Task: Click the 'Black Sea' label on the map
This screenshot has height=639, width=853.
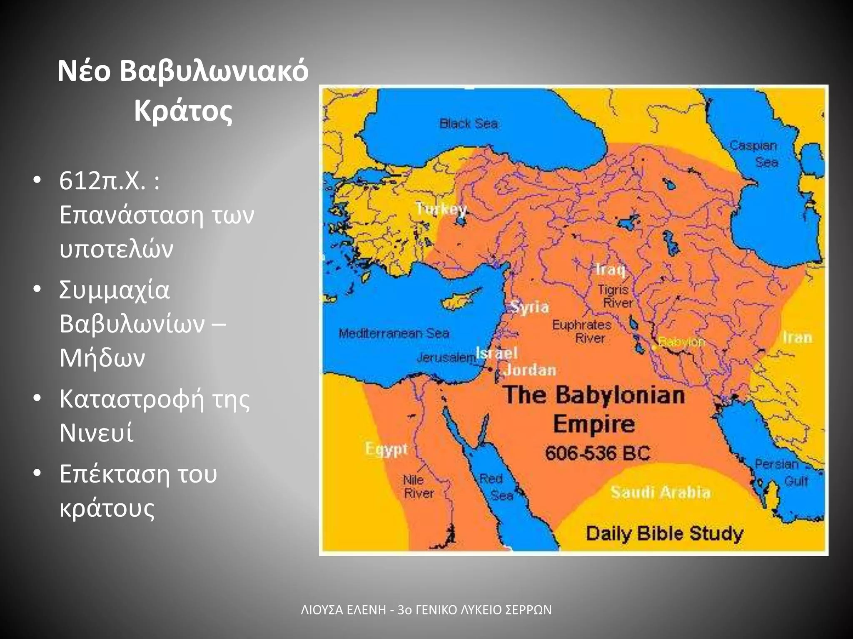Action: (x=469, y=124)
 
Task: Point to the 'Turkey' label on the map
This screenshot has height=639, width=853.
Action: (x=441, y=208)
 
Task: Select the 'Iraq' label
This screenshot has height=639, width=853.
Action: (x=610, y=270)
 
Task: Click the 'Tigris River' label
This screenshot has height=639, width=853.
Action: (x=615, y=296)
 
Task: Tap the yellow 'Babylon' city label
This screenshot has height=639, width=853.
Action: (x=681, y=342)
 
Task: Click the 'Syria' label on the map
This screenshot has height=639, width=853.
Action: (x=529, y=307)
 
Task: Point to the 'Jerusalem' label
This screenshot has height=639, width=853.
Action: (x=446, y=357)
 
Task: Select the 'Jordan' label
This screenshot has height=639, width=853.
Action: (x=530, y=370)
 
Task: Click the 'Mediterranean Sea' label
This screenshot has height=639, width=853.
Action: (x=394, y=333)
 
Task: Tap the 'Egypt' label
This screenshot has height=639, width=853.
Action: (x=386, y=449)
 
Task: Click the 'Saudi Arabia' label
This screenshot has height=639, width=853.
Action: (x=660, y=493)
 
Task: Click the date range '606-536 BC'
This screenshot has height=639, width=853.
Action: (x=597, y=453)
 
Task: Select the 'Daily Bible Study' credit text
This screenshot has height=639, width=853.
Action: (x=664, y=533)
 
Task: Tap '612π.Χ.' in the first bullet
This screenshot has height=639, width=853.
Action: (x=102, y=181)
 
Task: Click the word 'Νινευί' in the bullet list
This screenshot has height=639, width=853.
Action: (x=96, y=433)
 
